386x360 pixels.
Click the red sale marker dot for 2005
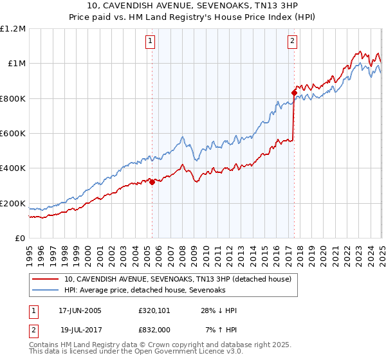[x=152, y=182]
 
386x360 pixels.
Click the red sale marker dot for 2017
[x=293, y=93]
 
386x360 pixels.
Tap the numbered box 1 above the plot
[x=150, y=41]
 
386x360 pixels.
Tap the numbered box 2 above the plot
[x=292, y=41]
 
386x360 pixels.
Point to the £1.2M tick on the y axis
[x=13, y=29]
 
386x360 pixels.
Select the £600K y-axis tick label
[x=13, y=134]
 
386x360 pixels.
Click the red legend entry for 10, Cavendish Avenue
[x=178, y=279]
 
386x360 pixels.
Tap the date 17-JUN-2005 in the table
[x=80, y=310]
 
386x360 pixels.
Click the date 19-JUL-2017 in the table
[x=80, y=330]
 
